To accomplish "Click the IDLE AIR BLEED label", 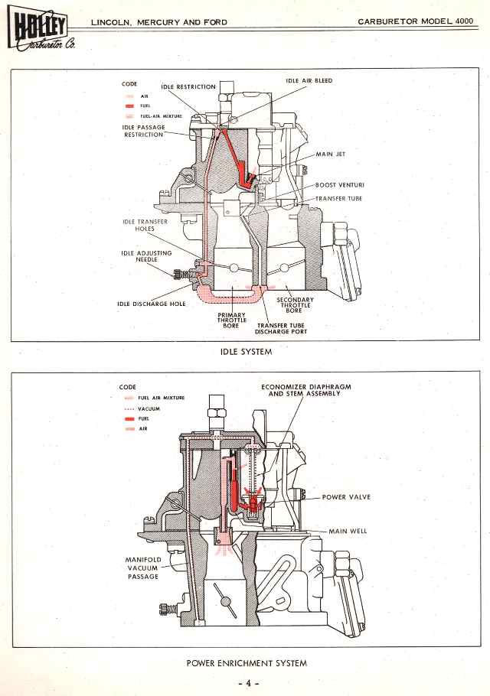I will [x=309, y=80].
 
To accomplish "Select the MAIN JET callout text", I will [x=331, y=154].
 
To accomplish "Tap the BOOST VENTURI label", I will [x=338, y=185].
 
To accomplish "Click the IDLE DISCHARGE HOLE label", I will [x=152, y=304].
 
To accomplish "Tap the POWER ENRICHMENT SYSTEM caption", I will [x=247, y=663].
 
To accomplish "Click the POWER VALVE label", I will [x=346, y=496].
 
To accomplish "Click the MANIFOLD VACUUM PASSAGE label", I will [x=142, y=568].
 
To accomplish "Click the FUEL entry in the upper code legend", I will [x=145, y=106].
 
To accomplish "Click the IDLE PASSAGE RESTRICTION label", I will [x=143, y=131].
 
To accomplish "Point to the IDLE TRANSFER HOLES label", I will [x=138, y=225].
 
